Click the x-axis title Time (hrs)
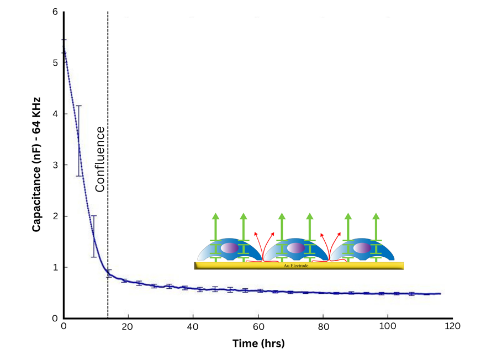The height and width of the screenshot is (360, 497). pyautogui.click(x=258, y=344)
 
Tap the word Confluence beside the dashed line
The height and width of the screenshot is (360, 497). pyautogui.click(x=99, y=159)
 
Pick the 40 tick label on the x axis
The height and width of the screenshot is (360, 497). pyautogui.click(x=193, y=327)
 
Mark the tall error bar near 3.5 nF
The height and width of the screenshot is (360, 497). pyautogui.click(x=79, y=141)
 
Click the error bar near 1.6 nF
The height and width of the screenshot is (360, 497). pyautogui.click(x=94, y=236)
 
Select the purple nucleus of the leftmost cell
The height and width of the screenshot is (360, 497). pyautogui.click(x=230, y=248)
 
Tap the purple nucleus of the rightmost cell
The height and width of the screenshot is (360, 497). pyautogui.click(x=362, y=248)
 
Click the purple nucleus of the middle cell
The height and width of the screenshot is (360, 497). pyautogui.click(x=296, y=248)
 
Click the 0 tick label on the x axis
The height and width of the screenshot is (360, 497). pyautogui.click(x=64, y=327)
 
